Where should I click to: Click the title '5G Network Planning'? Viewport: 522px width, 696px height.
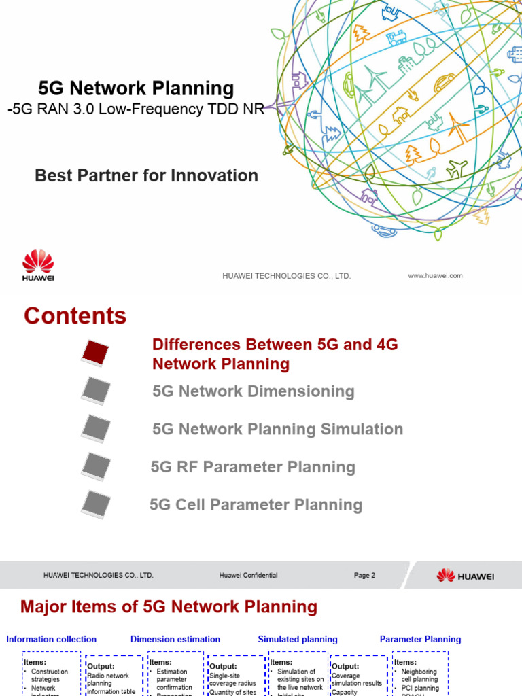tap(136, 88)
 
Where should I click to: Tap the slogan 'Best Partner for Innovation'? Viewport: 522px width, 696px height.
tap(146, 175)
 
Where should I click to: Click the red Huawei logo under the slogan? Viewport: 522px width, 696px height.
tap(38, 264)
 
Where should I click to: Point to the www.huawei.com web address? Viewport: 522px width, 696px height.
tap(435, 275)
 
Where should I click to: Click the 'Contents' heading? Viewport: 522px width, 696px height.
tap(75, 316)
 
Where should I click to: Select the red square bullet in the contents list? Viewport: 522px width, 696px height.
tap(95, 352)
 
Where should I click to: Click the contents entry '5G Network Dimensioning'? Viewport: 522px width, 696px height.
tap(254, 391)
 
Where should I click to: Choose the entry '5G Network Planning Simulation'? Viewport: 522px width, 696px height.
tap(277, 430)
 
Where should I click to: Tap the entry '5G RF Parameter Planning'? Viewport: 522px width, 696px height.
tap(253, 467)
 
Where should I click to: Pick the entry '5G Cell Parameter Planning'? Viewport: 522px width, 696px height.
tap(256, 505)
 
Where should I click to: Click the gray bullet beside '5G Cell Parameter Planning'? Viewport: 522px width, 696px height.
tap(95, 504)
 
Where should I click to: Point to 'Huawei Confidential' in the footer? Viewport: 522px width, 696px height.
tap(248, 575)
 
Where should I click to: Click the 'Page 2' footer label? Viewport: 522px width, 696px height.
tap(364, 575)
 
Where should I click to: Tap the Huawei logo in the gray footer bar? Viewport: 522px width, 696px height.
tap(466, 576)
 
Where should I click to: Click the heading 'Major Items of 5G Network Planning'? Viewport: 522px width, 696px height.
tap(169, 607)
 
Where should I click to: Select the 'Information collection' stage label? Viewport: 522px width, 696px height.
tap(52, 639)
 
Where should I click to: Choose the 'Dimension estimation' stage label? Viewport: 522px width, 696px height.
tap(175, 639)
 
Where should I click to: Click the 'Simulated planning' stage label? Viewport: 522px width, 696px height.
tap(298, 639)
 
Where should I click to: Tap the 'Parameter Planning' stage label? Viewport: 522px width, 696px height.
tap(420, 639)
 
